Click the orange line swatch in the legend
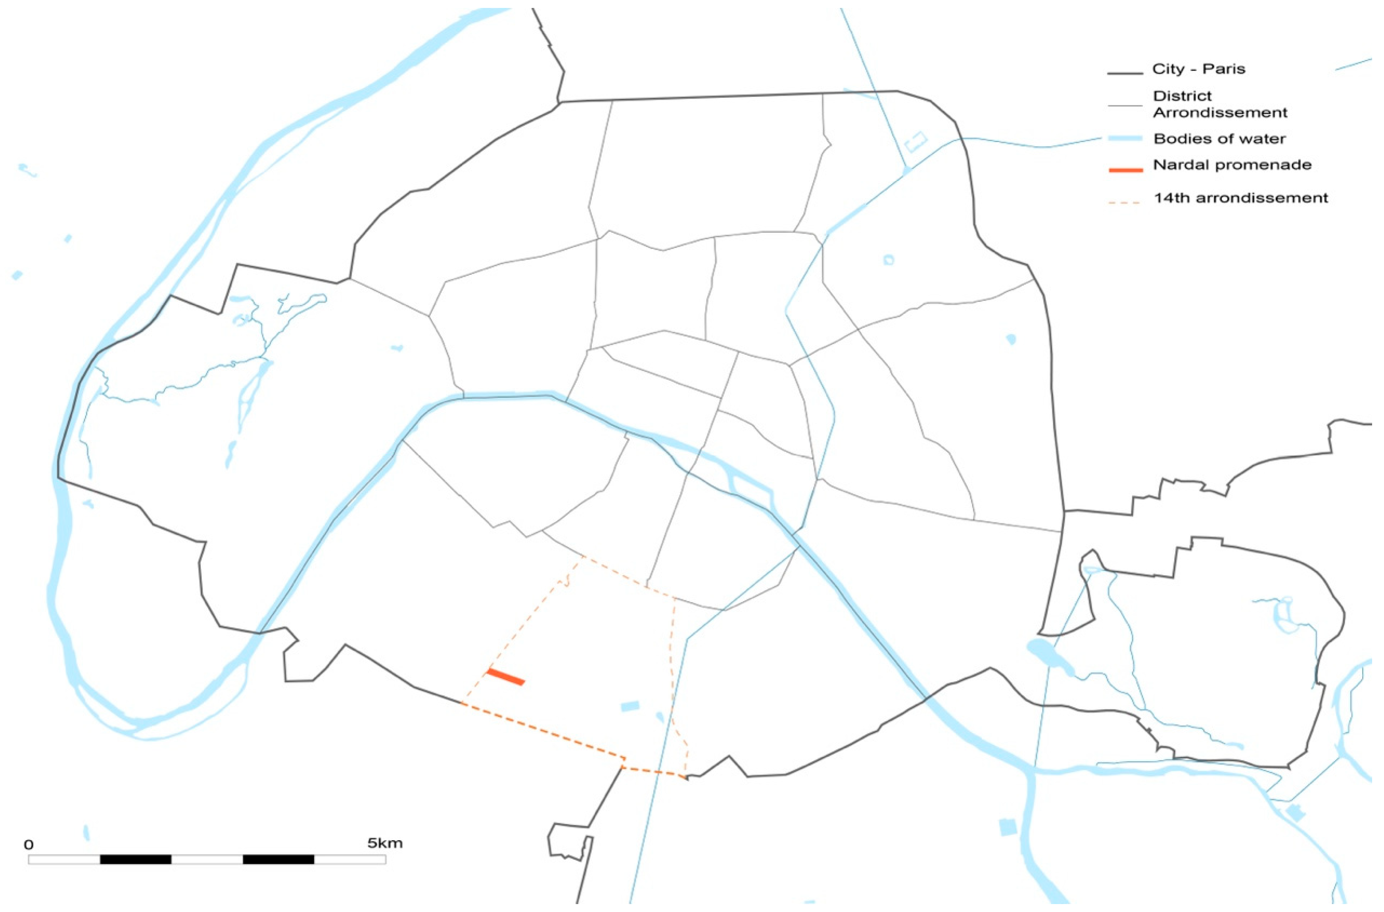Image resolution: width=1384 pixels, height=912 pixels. click(1125, 171)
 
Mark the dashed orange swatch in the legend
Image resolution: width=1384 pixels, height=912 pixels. click(1125, 203)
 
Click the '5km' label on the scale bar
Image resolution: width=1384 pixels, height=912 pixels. click(385, 843)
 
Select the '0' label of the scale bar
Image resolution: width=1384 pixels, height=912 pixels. click(29, 845)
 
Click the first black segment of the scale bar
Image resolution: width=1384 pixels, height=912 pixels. click(136, 859)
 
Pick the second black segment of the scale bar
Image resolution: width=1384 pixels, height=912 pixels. click(278, 859)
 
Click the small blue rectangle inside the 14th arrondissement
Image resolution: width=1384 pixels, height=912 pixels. click(630, 706)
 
